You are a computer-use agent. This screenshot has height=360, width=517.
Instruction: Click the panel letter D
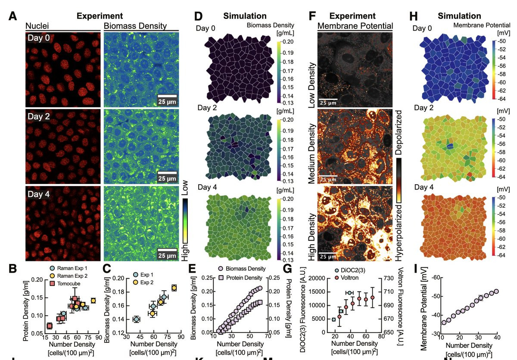(x=198, y=17)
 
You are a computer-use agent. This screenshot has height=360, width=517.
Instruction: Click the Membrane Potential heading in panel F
(x=355, y=26)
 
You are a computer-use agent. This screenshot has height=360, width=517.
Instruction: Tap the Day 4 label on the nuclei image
(x=38, y=194)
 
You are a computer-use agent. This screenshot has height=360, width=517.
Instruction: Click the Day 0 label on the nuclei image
(x=38, y=38)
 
